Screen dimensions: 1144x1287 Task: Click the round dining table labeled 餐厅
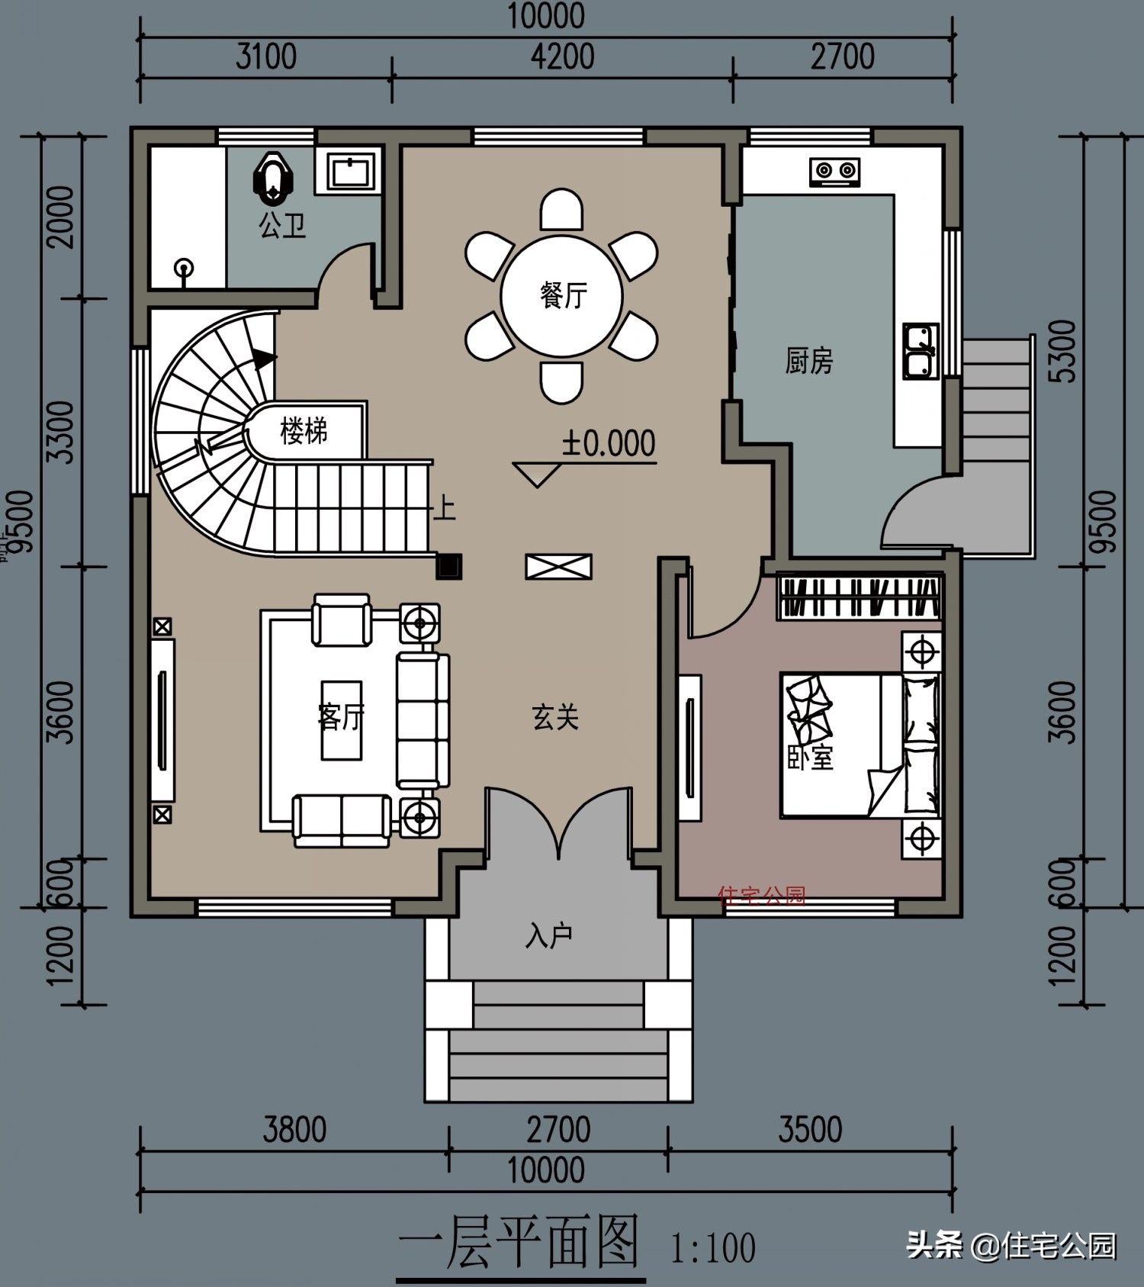click(x=562, y=295)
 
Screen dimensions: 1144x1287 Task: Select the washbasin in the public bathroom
click(x=351, y=170)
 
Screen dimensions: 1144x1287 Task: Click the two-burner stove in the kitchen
click(x=835, y=172)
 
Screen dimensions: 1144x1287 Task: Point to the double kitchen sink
click(x=921, y=352)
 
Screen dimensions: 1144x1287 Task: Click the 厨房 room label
click(x=809, y=361)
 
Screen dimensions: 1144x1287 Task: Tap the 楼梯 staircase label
click(x=304, y=431)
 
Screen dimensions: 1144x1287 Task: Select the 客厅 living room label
click(x=341, y=717)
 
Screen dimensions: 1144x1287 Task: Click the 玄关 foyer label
click(x=555, y=717)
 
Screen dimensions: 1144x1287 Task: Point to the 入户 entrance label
click(x=549, y=935)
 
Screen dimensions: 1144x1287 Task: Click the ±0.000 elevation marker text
click(x=609, y=443)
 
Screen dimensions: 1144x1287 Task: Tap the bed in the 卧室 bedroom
click(x=860, y=745)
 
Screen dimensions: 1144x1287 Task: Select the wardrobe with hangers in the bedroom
click(x=860, y=597)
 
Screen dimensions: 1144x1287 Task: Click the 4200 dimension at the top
click(x=563, y=56)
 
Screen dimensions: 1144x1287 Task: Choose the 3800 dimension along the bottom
click(x=294, y=1130)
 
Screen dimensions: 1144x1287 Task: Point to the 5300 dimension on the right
click(x=1063, y=351)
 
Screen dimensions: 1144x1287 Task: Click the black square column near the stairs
click(x=449, y=566)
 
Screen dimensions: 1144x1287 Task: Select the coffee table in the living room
click(x=341, y=719)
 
